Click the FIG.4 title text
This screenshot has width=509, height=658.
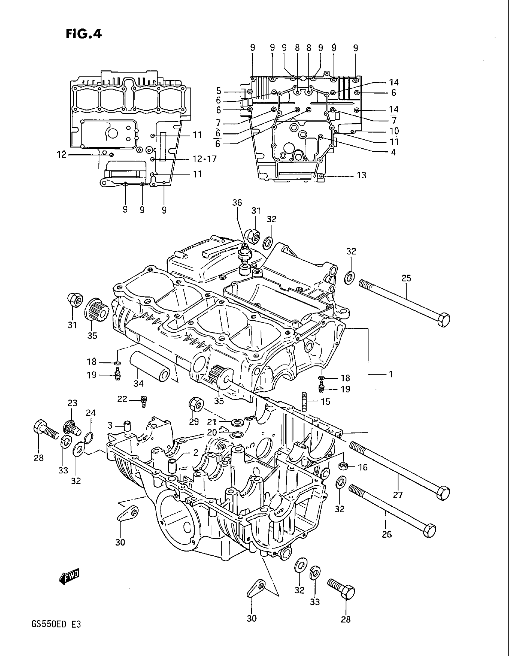84,34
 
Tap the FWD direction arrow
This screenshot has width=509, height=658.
69,577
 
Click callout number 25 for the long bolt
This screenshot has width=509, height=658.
406,278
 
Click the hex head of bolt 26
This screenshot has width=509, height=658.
429,530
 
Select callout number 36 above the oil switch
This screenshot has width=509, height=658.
237,203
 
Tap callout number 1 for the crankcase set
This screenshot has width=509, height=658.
390,374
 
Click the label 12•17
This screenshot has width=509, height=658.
204,159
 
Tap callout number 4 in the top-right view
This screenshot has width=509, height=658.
393,152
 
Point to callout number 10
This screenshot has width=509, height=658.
394,131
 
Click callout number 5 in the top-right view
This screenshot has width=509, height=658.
219,91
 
